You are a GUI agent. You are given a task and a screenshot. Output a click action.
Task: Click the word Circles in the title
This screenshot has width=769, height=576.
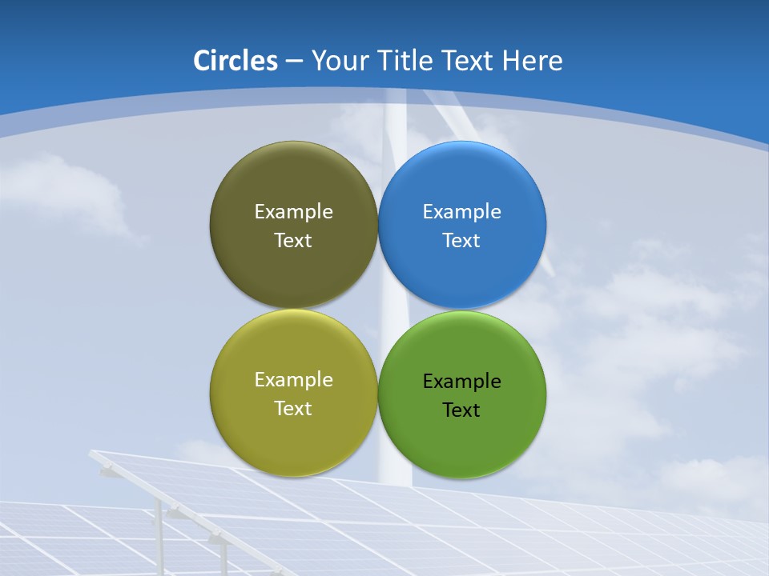tap(235, 61)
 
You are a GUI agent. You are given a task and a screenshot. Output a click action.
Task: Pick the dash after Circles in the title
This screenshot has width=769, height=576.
tap(294, 62)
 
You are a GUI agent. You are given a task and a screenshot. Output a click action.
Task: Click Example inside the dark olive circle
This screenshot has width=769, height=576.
tap(293, 211)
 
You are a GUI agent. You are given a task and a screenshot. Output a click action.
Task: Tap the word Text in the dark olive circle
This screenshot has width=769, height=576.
tap(293, 241)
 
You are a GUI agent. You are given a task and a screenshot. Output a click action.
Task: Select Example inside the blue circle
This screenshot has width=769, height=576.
tap(461, 211)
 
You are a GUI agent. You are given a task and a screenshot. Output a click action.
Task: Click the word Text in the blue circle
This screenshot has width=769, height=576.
tap(461, 241)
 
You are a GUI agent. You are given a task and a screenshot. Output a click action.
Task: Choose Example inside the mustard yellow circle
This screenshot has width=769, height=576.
tap(293, 379)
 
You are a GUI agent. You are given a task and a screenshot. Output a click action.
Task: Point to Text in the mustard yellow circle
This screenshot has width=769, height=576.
tap(293, 409)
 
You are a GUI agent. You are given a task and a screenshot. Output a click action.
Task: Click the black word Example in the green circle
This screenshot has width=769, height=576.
tap(461, 381)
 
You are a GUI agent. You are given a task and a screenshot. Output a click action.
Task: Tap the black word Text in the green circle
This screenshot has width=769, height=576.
tap(461, 410)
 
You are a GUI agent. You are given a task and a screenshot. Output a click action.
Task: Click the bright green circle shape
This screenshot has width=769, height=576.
tap(461, 448)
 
